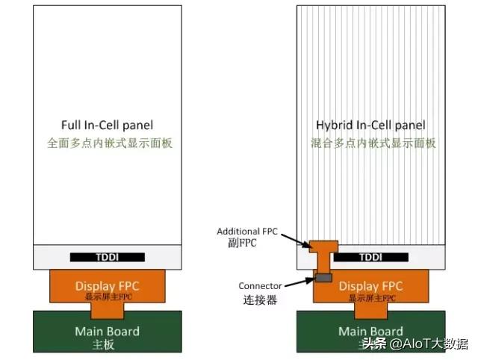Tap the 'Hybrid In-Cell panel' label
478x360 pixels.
point(371,125)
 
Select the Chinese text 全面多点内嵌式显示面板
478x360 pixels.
point(110,142)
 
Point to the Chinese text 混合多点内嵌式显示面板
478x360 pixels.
point(371,142)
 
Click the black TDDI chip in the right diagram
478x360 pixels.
point(370,257)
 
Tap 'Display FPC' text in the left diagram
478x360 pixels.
point(108,285)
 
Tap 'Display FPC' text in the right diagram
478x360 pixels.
point(371,285)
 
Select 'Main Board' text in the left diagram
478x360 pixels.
point(108,331)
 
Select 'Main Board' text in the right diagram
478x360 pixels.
point(371,331)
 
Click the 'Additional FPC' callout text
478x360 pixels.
point(247,232)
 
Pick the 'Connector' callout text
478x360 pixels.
point(260,286)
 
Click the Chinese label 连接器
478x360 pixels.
point(260,300)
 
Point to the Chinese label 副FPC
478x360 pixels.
point(243,243)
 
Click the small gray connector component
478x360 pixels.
point(323,278)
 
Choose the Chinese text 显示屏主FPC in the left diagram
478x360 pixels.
point(108,297)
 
